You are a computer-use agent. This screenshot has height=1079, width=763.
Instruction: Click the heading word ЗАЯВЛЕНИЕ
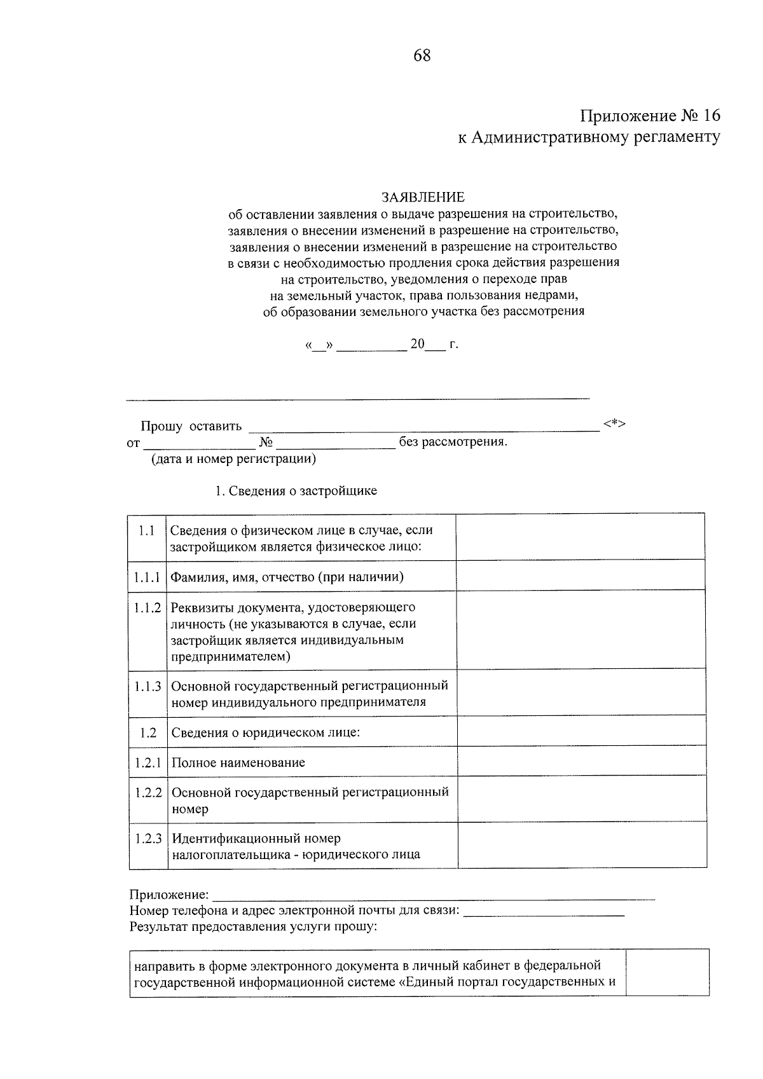(x=422, y=197)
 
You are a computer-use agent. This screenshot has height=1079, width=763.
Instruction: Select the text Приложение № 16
(x=650, y=116)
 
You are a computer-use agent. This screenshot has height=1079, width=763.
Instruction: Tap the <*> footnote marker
(x=615, y=424)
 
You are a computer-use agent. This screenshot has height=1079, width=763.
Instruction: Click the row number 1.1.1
(x=147, y=577)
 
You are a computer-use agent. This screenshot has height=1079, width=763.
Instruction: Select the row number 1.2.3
(x=148, y=839)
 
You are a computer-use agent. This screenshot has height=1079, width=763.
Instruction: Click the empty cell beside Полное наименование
(x=581, y=761)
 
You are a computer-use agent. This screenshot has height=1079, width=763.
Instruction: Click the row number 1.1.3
(x=148, y=686)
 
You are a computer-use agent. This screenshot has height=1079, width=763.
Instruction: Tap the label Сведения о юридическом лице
(x=266, y=732)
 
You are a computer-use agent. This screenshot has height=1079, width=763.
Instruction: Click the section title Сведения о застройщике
(x=296, y=491)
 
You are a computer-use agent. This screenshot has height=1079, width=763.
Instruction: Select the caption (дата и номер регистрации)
(x=233, y=458)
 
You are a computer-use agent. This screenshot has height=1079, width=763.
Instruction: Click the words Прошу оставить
(x=191, y=425)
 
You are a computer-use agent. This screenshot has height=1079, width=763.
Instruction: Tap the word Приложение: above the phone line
(x=168, y=895)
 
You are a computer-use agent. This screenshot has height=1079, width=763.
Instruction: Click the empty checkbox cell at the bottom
(x=667, y=973)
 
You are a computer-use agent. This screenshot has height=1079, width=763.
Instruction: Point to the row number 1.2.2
(x=148, y=793)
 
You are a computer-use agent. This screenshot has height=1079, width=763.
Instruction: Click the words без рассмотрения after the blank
(x=453, y=442)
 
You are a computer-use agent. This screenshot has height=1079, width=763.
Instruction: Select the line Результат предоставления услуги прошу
(x=253, y=926)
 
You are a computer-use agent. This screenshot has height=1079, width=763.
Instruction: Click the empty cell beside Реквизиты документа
(x=580, y=629)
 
